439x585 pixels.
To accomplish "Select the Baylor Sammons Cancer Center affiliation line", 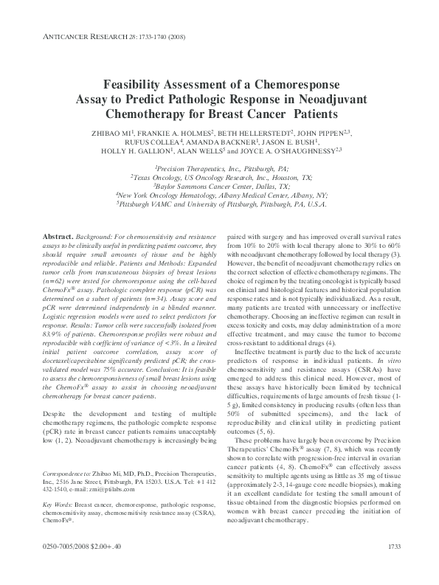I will (220, 187).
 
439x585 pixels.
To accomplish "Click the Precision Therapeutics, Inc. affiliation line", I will (219, 169).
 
